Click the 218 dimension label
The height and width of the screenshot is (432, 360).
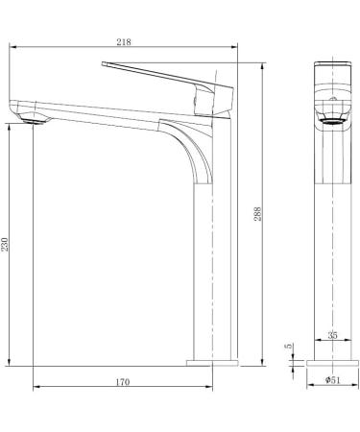click(124, 42)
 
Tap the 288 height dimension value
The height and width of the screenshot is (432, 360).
click(258, 214)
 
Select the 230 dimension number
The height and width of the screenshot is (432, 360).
click(5, 244)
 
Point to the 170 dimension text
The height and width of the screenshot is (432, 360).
click(123, 382)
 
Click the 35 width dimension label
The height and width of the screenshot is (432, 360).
click(332, 335)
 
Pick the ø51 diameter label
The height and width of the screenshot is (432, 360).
click(333, 380)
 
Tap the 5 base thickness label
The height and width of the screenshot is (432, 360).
click(289, 346)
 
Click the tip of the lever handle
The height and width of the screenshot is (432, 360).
click(103, 64)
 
